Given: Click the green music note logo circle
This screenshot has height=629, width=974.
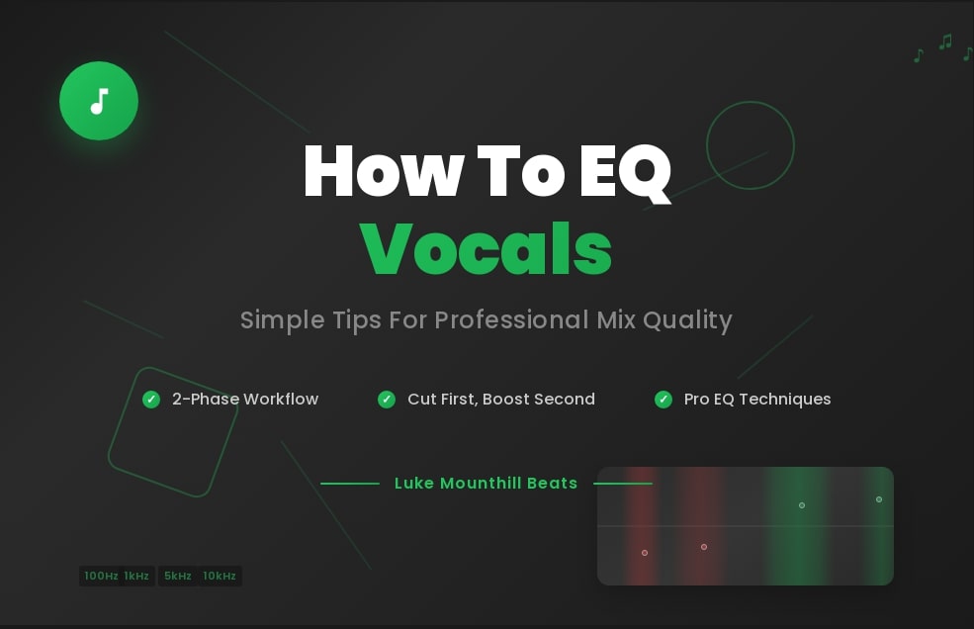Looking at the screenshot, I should tap(99, 101).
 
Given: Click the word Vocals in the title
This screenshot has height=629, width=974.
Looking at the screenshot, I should tap(486, 249).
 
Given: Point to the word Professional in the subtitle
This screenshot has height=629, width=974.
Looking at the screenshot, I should tap(511, 320).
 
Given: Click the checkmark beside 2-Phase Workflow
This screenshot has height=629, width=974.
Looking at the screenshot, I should tap(151, 400).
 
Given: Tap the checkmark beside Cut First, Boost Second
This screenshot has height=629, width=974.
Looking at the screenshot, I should tap(387, 400).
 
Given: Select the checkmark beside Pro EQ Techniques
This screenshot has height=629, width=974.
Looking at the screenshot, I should tap(664, 400).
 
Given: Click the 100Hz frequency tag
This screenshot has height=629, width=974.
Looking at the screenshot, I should tap(101, 576).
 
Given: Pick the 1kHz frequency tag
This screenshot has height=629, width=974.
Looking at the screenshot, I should tap(137, 576).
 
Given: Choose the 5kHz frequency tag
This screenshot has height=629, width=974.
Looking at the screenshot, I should tap(178, 576).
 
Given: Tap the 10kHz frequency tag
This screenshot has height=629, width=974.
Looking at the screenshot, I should tap(220, 576).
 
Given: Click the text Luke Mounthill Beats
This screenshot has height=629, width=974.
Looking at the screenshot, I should tap(486, 484).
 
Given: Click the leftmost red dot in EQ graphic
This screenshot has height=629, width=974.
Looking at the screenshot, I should tap(645, 553).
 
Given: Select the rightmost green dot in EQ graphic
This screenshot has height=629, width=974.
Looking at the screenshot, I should tap(879, 499).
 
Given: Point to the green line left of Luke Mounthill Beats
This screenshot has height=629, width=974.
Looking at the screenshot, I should tap(350, 484).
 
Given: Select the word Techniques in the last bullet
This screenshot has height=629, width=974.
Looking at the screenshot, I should tap(784, 400).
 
